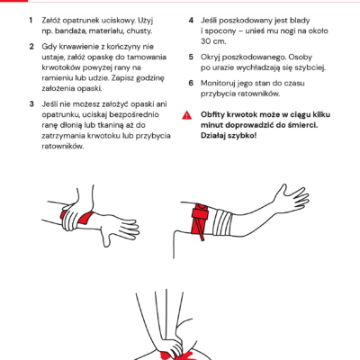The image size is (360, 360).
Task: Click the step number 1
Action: pyautogui.click(x=31, y=21)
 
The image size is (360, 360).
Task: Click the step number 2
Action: pyautogui.click(x=31, y=47)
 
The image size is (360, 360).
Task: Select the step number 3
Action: pyautogui.click(x=31, y=104)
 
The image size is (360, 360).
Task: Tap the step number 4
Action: pyautogui.click(x=191, y=21)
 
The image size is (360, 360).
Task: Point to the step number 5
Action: pyautogui.click(x=191, y=57)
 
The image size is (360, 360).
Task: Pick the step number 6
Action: pyautogui.click(x=191, y=83)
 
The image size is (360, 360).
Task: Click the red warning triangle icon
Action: pyautogui.click(x=187, y=115)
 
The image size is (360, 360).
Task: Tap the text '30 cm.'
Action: pyautogui.click(x=213, y=41)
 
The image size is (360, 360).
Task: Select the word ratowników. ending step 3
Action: pyautogui.click(x=63, y=146)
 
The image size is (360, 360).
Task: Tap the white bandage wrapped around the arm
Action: pyautogui.click(x=222, y=223)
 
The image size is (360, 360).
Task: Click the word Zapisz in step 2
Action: pyautogui.click(x=123, y=78)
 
